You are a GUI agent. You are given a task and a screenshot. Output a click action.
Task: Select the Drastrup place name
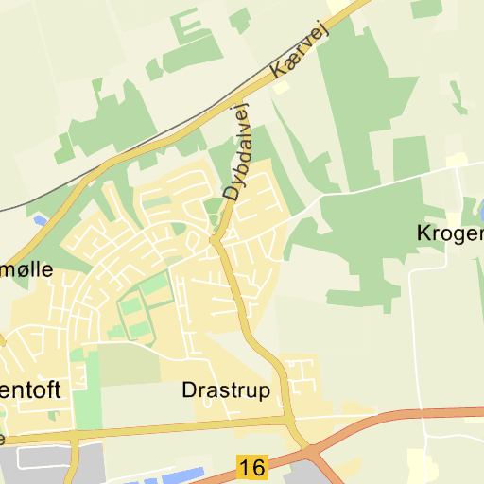225,389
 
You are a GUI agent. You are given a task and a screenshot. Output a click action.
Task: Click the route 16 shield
251,467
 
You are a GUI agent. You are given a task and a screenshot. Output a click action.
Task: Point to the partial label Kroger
450,233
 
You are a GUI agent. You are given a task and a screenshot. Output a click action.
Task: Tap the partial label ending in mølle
26,268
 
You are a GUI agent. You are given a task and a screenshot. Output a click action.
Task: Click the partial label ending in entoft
34,389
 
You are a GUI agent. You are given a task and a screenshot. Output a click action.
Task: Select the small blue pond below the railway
39,220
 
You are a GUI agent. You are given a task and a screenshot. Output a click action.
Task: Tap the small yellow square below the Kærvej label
282,87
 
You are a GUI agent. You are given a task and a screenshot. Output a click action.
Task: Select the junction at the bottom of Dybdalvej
216,241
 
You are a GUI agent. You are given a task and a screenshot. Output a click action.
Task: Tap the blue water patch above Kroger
478,210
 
